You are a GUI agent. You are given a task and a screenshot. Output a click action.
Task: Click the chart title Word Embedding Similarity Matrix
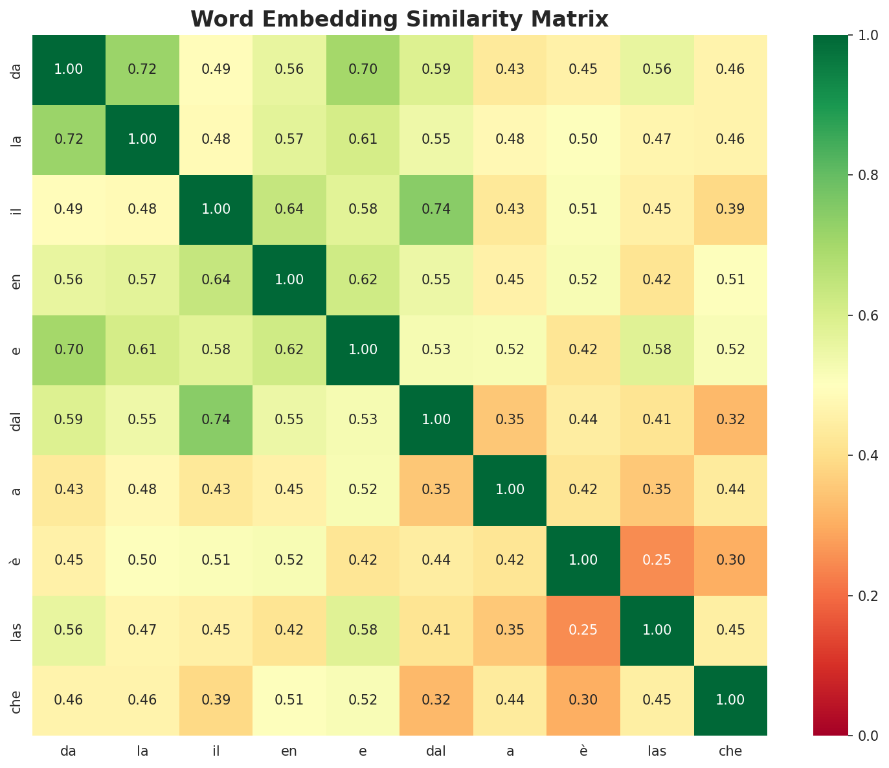click(x=399, y=19)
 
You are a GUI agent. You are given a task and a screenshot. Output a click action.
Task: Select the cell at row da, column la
click(x=142, y=69)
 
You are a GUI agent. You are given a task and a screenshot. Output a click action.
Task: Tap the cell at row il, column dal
click(x=436, y=210)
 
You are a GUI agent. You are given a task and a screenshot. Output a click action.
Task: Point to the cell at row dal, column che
click(x=730, y=420)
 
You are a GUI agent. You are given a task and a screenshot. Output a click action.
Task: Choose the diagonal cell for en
click(x=289, y=280)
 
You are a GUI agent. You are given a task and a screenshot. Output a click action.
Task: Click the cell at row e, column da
click(x=69, y=350)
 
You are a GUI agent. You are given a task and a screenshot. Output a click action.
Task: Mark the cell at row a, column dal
click(x=436, y=490)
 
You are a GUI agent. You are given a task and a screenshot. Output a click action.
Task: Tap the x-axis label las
click(x=657, y=751)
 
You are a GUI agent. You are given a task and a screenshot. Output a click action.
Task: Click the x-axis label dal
click(x=436, y=751)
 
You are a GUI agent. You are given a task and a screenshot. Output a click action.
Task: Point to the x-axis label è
click(x=583, y=751)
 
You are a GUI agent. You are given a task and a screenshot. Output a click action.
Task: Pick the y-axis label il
click(x=17, y=210)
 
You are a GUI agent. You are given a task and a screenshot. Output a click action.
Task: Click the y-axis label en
click(x=17, y=280)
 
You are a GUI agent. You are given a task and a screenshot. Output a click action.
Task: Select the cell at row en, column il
click(x=216, y=280)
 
